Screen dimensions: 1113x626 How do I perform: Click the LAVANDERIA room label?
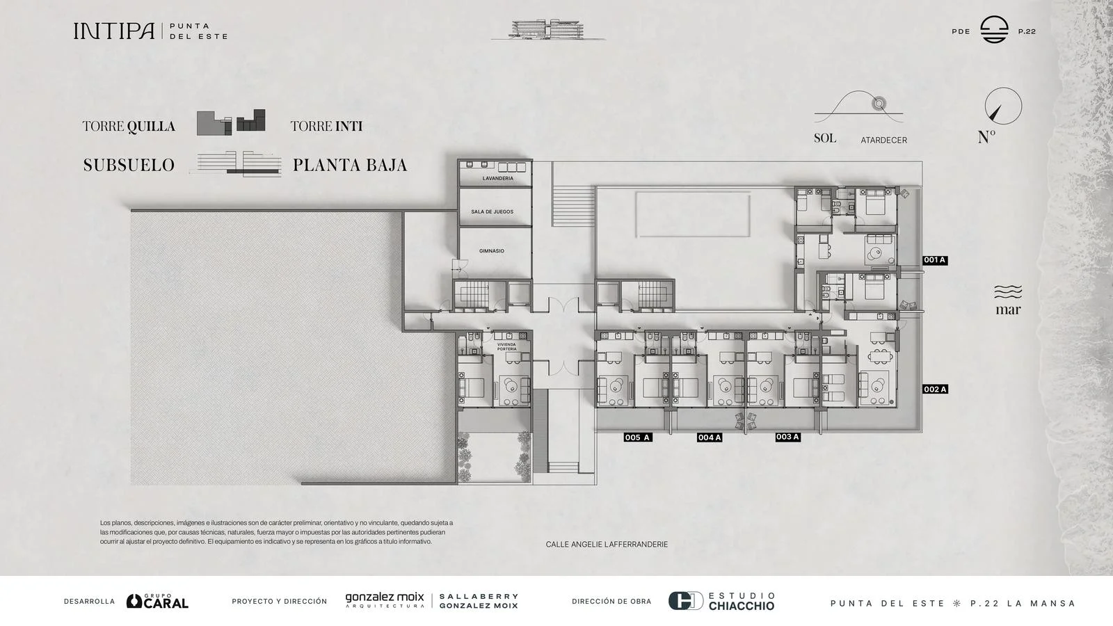click(x=497, y=178)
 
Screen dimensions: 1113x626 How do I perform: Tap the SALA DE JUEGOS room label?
click(x=492, y=211)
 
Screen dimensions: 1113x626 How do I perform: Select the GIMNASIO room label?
click(x=491, y=251)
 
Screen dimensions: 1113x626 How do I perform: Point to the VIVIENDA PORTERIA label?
click(x=506, y=347)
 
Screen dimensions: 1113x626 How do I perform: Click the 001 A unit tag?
click(x=935, y=260)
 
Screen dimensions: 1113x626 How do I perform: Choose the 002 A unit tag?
click(x=935, y=390)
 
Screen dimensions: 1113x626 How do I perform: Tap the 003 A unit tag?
click(x=787, y=438)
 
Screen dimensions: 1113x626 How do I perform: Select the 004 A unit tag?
click(x=709, y=438)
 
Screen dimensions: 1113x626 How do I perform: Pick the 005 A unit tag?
click(x=637, y=438)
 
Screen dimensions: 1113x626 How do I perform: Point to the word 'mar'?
click(x=1008, y=310)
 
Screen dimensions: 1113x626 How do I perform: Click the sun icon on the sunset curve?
click(x=879, y=104)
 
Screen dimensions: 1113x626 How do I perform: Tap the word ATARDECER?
click(x=884, y=141)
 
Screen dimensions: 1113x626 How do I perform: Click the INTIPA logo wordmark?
click(x=114, y=31)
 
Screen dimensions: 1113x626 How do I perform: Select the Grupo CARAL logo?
click(x=157, y=601)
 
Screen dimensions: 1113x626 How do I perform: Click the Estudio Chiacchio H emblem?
click(x=685, y=601)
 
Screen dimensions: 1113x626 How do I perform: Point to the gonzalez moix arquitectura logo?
click(x=385, y=600)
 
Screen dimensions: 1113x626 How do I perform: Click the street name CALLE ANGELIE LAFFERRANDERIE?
click(x=607, y=545)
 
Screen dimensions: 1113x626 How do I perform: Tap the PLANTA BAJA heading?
click(x=350, y=166)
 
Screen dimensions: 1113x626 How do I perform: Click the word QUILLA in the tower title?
click(x=151, y=127)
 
